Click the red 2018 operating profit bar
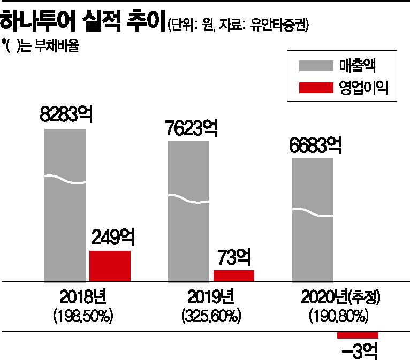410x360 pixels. point(110,265)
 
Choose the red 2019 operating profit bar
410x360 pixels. point(233,275)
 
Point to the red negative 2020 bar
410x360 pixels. point(358,335)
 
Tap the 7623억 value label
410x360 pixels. point(191,128)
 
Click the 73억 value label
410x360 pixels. point(234,257)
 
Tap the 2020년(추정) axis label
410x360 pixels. point(337,297)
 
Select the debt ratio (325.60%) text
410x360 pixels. point(210,316)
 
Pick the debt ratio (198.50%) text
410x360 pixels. point(82,316)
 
